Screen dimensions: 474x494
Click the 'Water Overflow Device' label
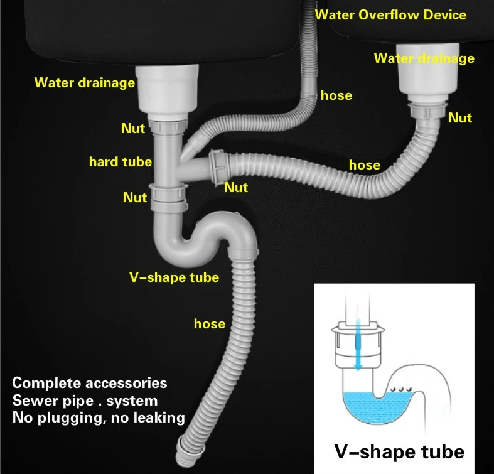tap(391, 14)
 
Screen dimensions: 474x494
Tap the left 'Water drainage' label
tap(84, 82)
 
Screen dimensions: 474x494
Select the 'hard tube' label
tap(120, 162)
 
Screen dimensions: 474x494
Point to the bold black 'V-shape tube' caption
tap(399, 451)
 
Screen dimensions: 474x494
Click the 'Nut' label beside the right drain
tap(460, 117)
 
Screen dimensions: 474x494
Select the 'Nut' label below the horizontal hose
tap(236, 187)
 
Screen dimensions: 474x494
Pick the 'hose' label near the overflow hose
tap(336, 95)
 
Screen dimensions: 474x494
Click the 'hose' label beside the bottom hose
tap(209, 323)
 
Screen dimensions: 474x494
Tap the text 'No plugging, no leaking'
tap(98, 416)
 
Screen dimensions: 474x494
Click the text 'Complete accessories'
tap(90, 382)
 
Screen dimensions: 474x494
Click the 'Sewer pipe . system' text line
tap(85, 399)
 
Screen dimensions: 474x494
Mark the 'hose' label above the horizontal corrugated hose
tap(364, 164)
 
